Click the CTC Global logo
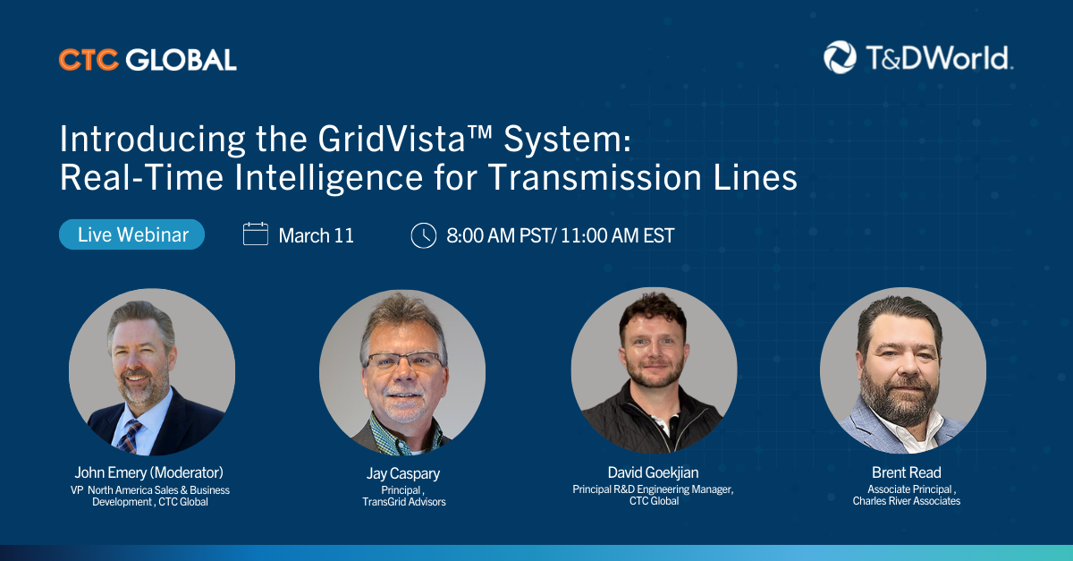point(148,60)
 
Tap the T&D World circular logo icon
point(840,57)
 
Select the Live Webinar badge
point(131,234)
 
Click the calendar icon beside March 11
point(256,234)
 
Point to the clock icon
point(424,235)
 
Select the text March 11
point(317,235)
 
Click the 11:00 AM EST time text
point(618,235)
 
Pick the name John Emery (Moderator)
point(149,472)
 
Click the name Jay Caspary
point(403,473)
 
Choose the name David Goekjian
point(653,472)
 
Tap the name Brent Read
point(907,472)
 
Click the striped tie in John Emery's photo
point(131,437)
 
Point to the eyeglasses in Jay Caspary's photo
point(405,360)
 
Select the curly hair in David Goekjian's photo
point(654,311)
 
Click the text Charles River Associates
point(907,501)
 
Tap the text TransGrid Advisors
point(404,502)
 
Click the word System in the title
point(567,140)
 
